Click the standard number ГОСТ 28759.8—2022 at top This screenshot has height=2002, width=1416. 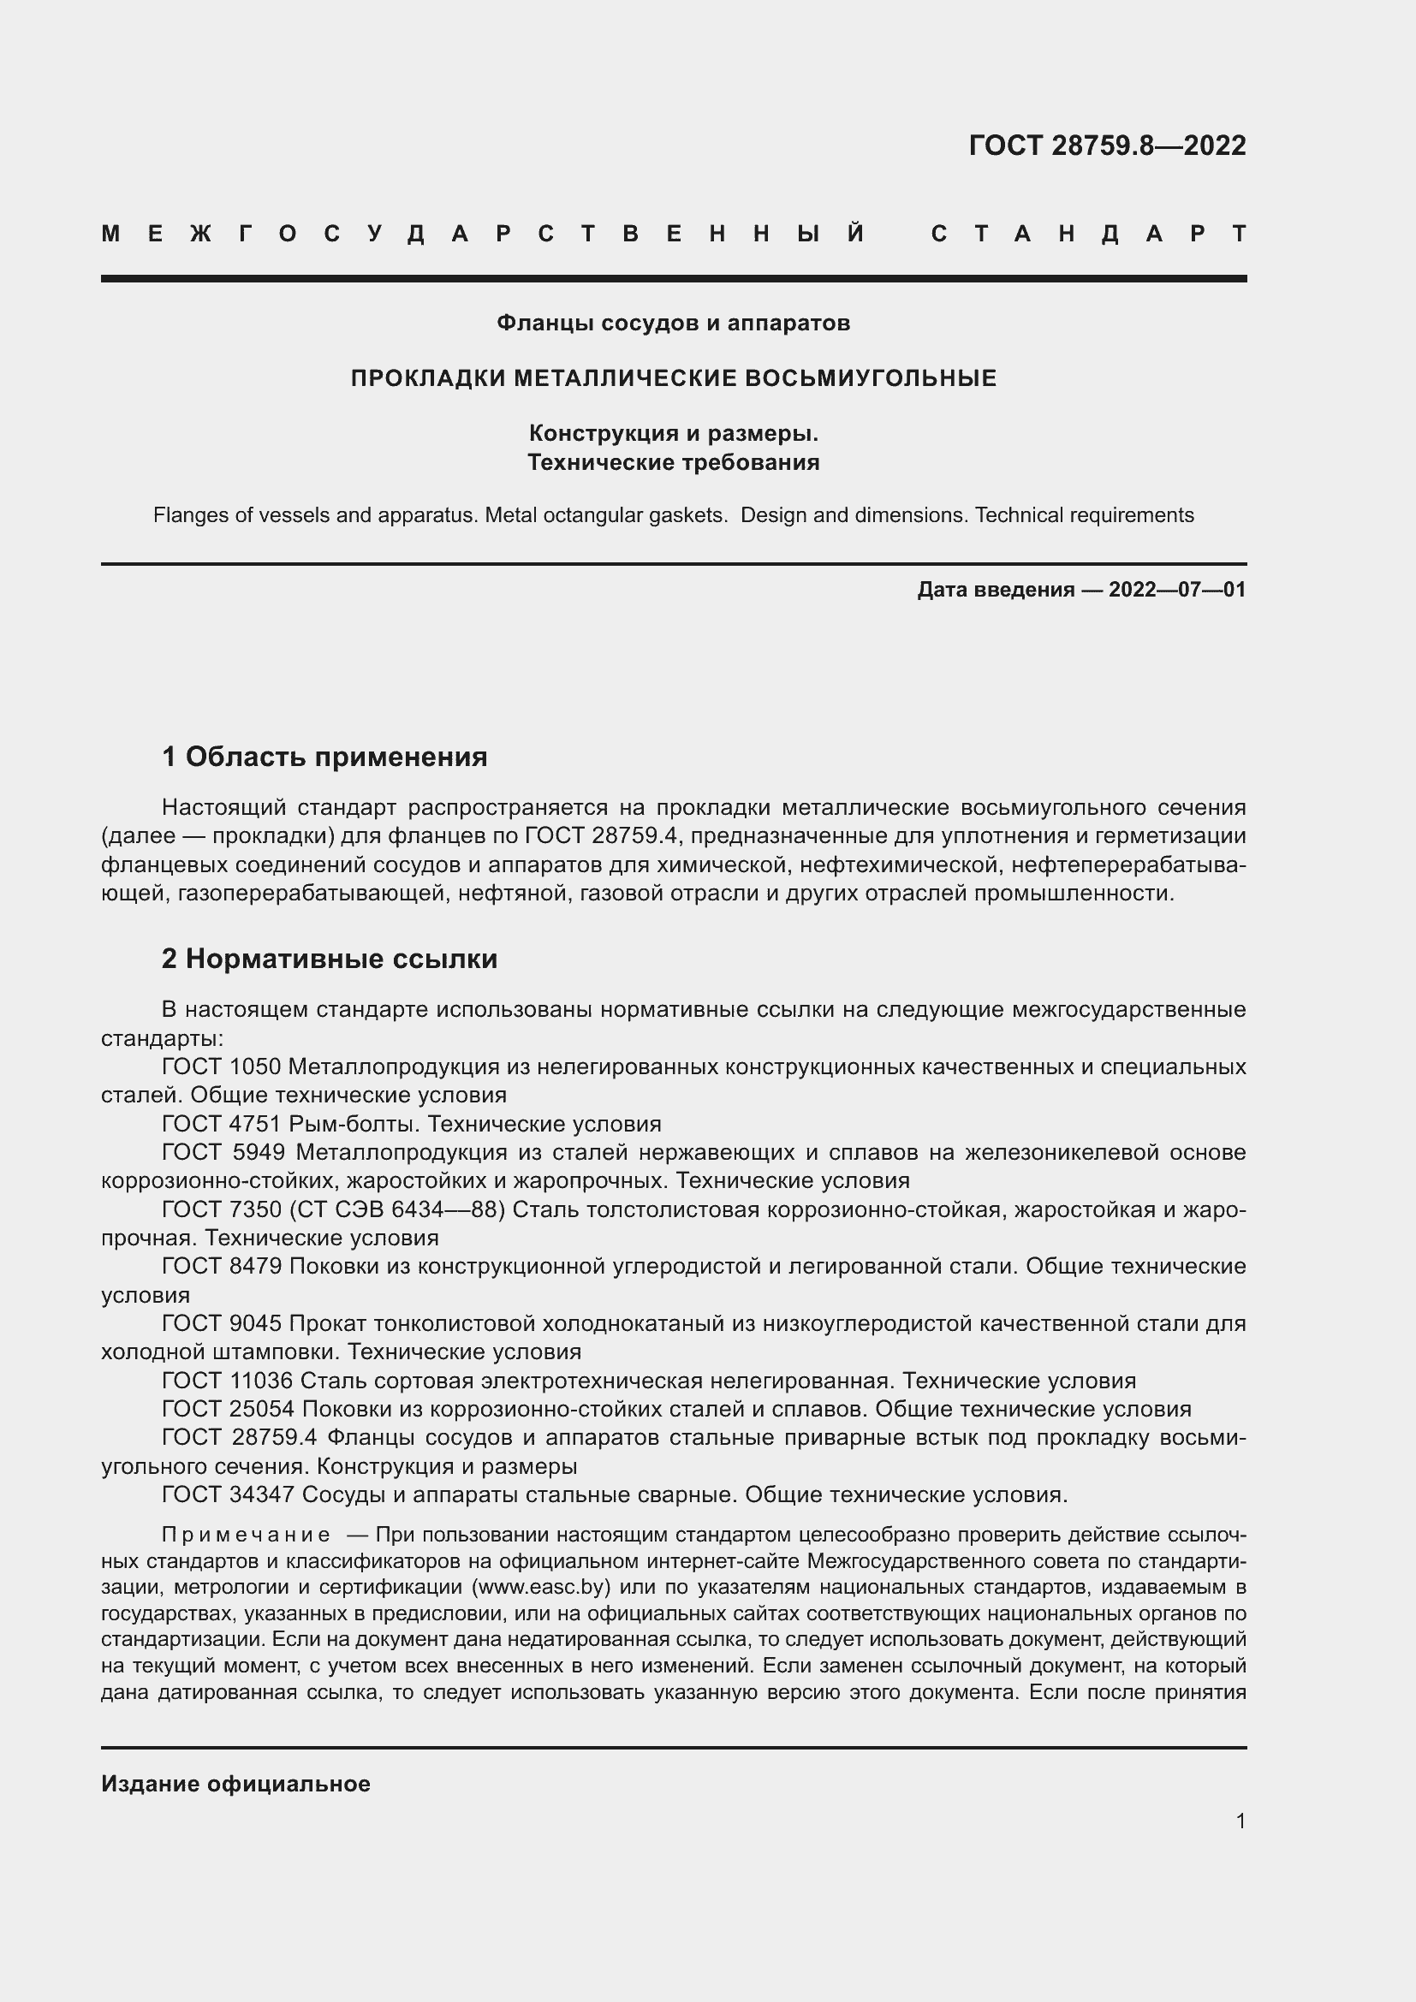pos(1106,146)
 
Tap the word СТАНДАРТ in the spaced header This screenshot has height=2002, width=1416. pos(1089,235)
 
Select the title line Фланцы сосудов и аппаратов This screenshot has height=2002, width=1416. pos(673,324)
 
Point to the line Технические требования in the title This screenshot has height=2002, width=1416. pos(673,463)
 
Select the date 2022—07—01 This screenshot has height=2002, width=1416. pos(1176,591)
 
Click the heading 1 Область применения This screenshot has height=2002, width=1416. pos(324,757)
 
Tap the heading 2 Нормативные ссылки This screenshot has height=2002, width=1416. pos(330,959)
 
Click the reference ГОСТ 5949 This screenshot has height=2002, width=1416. pos(223,1153)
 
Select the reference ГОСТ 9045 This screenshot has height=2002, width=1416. pos(222,1323)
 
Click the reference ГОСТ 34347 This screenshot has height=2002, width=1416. pos(228,1495)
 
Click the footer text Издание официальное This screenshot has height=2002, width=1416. pos(235,1784)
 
